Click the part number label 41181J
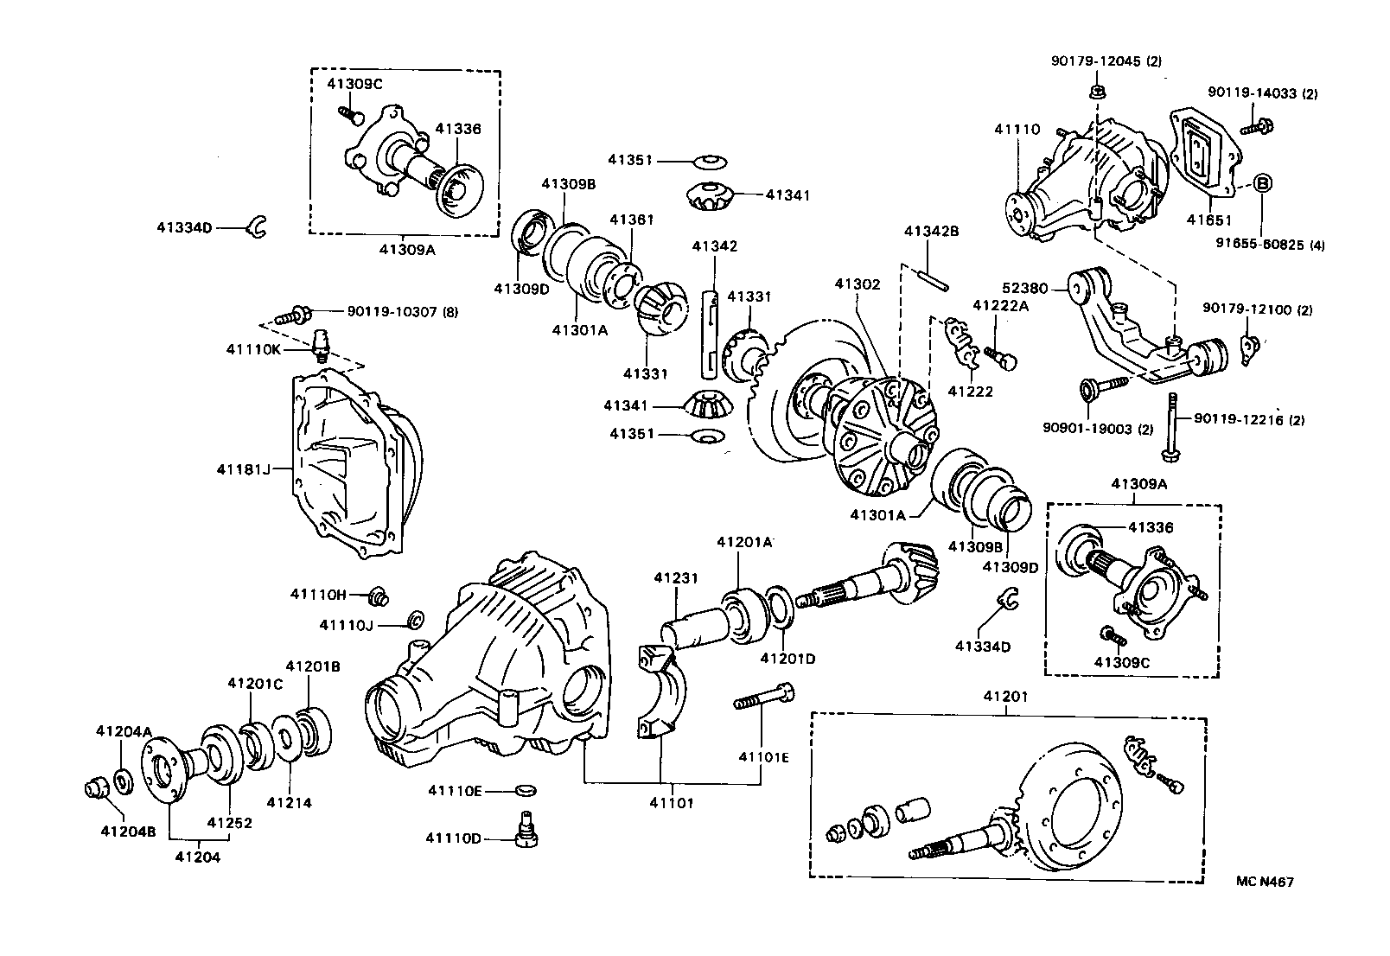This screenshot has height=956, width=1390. [242, 469]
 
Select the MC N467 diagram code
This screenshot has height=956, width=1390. [1264, 882]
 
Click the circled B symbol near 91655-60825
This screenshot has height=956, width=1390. [1261, 182]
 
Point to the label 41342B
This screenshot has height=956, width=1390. [931, 232]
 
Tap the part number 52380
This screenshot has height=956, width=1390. [1024, 290]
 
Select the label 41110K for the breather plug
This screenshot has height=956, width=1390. [254, 349]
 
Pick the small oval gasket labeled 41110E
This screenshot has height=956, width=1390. [526, 789]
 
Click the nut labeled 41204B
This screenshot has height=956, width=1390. [93, 787]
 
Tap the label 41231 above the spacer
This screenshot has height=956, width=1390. [675, 578]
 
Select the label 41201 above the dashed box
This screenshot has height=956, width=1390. [1005, 696]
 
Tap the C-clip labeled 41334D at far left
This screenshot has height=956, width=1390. [257, 227]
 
